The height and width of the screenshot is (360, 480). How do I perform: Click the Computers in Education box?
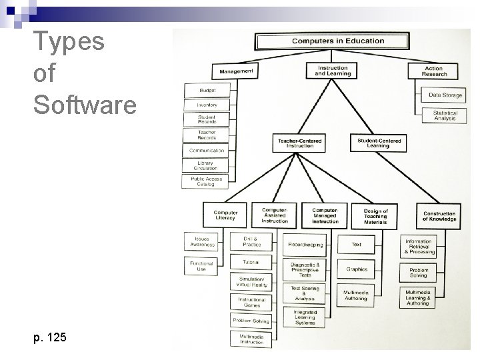tap(338, 41)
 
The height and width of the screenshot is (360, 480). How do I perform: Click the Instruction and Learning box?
tap(332, 71)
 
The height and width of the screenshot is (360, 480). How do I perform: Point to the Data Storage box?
tap(445, 95)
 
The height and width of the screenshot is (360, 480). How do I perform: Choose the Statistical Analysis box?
tap(445, 115)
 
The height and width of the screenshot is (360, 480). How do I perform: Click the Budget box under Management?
tap(207, 91)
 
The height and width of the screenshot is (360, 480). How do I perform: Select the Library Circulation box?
tap(206, 165)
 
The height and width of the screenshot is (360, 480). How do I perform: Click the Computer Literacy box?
tap(225, 215)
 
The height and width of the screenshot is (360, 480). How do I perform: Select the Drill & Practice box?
tap(251, 241)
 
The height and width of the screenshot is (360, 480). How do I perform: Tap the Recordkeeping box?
tap(305, 245)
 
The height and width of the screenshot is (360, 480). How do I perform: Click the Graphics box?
tap(357, 270)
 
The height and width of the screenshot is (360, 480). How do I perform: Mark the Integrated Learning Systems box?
tap(305, 317)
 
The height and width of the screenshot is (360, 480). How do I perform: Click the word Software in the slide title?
tap(84, 105)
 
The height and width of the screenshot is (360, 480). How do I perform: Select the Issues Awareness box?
tap(201, 241)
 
